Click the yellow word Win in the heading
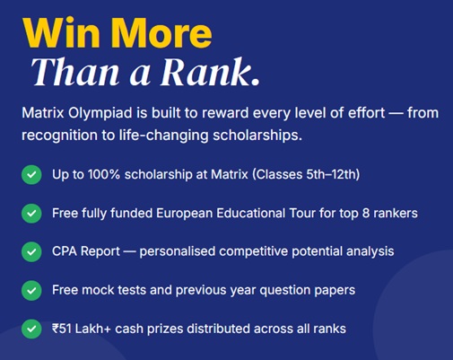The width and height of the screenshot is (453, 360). (61, 32)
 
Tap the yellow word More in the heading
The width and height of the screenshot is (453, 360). (161, 32)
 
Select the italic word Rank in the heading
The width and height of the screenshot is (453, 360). (206, 72)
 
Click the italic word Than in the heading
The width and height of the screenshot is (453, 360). (75, 72)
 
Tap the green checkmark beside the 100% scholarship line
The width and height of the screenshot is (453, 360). (31, 174)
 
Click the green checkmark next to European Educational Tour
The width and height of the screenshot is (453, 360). (31, 213)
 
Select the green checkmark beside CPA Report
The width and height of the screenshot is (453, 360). (31, 251)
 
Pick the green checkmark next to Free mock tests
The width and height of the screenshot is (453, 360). (31, 290)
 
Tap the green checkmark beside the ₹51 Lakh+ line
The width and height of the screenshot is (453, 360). (31, 329)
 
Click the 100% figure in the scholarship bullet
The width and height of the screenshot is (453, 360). (104, 174)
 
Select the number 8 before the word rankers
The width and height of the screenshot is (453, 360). (366, 214)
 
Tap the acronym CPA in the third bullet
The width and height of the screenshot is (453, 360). (65, 251)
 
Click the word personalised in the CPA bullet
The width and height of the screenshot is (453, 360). (178, 251)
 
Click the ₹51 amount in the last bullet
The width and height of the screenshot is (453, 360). (62, 329)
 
